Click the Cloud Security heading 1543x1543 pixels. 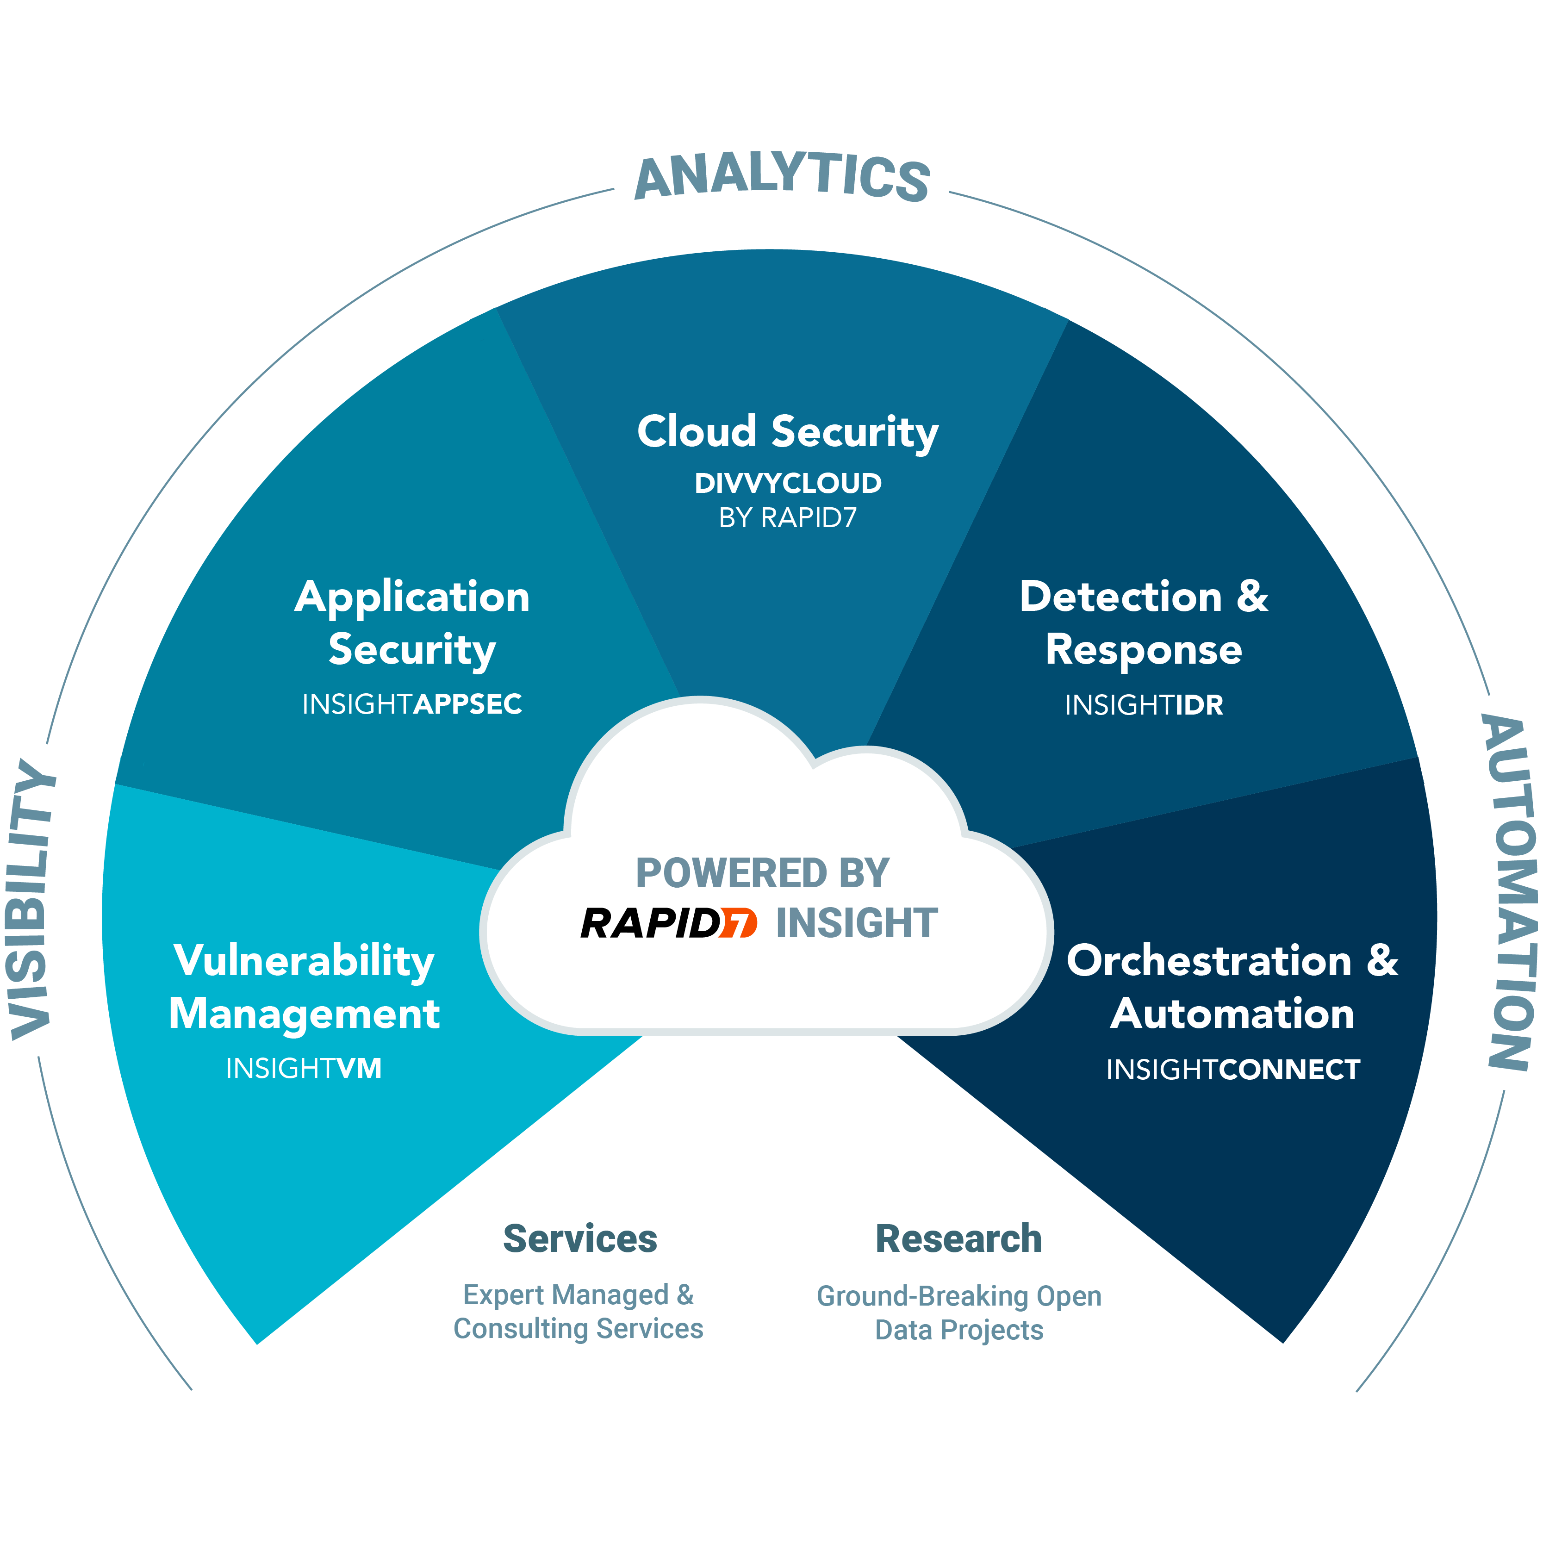click(788, 432)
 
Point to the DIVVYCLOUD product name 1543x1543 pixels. click(788, 483)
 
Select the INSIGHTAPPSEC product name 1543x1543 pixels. click(411, 703)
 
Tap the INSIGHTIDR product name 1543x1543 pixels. click(1144, 704)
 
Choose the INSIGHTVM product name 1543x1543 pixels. click(304, 1068)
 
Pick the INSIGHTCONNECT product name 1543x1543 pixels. click(1232, 1070)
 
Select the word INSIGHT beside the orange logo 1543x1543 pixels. click(856, 923)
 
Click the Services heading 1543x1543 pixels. click(580, 1239)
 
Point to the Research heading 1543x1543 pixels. click(958, 1239)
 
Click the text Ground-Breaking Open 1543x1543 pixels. click(958, 1295)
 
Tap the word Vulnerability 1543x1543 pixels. click(304, 961)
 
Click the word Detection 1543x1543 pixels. click(1120, 597)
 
